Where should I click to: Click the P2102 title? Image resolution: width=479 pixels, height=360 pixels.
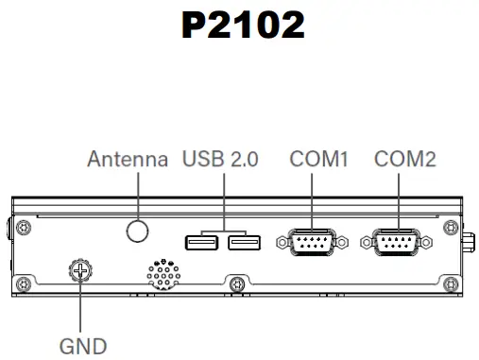click(x=243, y=26)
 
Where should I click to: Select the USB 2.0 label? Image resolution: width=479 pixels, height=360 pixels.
click(x=220, y=160)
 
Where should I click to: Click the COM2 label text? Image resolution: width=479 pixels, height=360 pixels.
click(x=405, y=160)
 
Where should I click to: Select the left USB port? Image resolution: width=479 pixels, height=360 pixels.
click(x=201, y=245)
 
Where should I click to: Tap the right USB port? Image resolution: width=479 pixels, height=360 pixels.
click(x=244, y=245)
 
